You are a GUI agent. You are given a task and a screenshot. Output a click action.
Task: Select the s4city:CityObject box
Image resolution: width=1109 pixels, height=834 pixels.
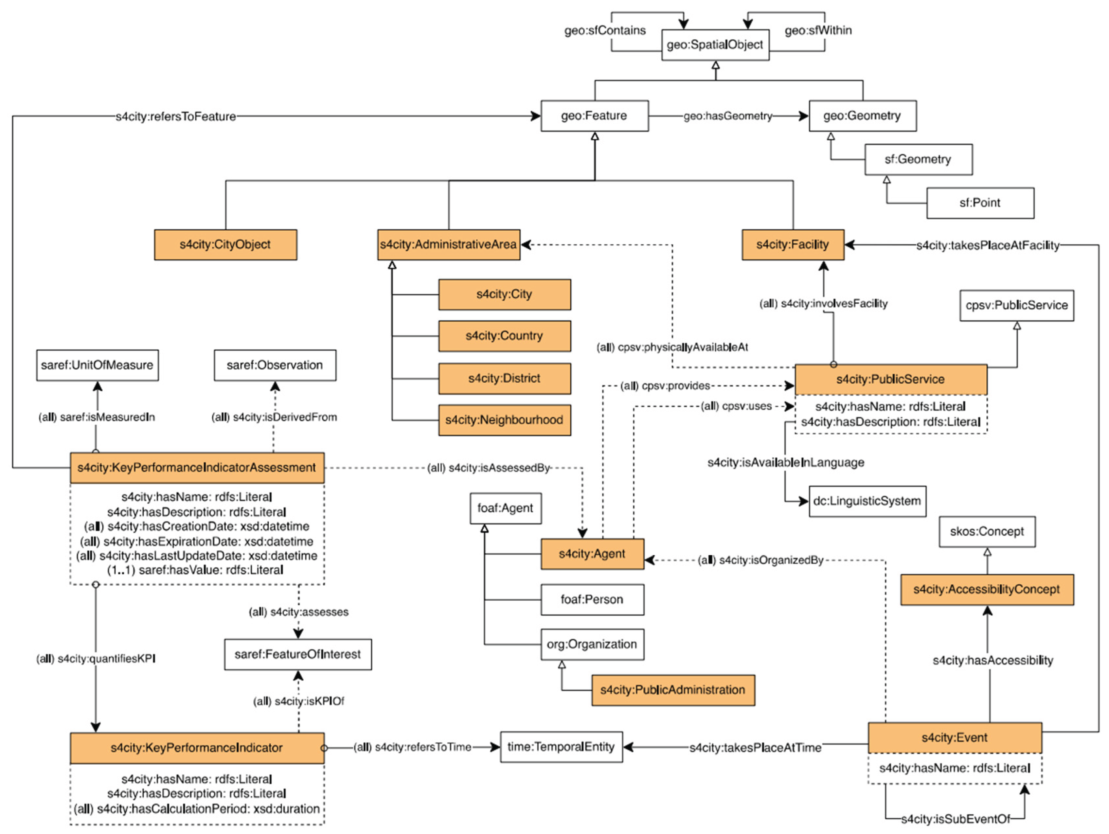[x=225, y=245]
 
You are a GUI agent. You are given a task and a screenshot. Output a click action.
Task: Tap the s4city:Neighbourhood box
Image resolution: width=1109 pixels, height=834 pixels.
[x=504, y=420]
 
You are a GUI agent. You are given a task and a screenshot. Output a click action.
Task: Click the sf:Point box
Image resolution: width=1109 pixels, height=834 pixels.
[x=980, y=203]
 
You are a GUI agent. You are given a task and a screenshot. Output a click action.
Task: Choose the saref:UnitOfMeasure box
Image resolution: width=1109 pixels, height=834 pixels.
[x=97, y=365]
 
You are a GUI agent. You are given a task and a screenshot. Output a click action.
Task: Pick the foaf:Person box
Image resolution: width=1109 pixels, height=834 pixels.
[x=592, y=599]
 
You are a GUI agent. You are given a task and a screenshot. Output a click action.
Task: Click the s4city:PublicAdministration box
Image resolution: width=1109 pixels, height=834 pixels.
[x=673, y=690]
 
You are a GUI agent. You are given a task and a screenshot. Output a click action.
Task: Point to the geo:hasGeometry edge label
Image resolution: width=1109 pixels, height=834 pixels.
[x=728, y=116]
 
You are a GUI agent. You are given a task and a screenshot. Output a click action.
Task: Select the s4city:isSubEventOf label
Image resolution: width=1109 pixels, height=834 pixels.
[x=956, y=819]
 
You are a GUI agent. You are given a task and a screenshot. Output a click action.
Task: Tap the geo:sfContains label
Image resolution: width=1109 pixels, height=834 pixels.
[x=605, y=30]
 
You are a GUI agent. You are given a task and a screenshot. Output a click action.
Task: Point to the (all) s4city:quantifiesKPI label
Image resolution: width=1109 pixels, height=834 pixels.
[x=96, y=659]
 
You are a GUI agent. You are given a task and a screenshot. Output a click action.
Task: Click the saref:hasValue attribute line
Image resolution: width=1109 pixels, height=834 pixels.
[x=196, y=570]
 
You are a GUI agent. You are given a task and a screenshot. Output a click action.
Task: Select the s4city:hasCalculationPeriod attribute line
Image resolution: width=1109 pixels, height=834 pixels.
[x=197, y=808]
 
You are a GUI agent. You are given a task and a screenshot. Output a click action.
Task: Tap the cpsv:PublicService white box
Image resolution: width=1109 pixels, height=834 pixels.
[x=1016, y=305]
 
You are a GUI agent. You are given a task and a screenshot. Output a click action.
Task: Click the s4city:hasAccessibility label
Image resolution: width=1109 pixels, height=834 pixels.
[x=993, y=661]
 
